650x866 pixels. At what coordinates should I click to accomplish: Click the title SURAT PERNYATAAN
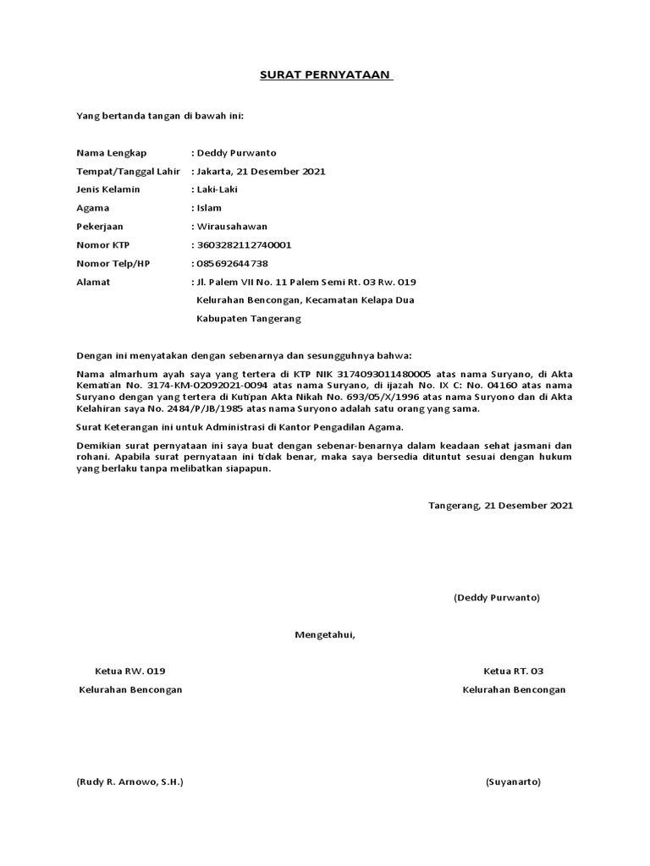click(x=325, y=75)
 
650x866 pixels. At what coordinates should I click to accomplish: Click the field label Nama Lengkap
click(x=111, y=153)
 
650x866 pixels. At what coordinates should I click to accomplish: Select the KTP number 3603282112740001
click(x=244, y=245)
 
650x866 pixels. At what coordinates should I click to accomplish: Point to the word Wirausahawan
click(x=231, y=227)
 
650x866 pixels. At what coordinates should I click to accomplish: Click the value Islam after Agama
click(x=209, y=208)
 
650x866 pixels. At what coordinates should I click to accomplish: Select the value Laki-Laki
click(x=218, y=189)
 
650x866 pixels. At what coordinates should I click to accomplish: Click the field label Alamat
click(x=93, y=282)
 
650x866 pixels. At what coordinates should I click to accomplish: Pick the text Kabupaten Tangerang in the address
click(x=248, y=320)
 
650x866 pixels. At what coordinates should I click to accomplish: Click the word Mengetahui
click(x=325, y=634)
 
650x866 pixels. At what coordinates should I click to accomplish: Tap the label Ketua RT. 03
click(x=513, y=671)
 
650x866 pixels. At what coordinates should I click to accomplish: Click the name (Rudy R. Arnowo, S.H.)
click(x=129, y=782)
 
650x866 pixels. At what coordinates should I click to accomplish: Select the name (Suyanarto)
click(x=513, y=782)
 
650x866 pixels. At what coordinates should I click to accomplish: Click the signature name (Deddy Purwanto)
click(x=496, y=598)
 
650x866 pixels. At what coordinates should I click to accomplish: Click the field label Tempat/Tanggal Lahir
click(x=129, y=172)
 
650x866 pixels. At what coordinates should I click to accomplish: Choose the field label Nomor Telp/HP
click(x=113, y=264)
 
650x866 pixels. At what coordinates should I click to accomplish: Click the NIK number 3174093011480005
click(x=385, y=373)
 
